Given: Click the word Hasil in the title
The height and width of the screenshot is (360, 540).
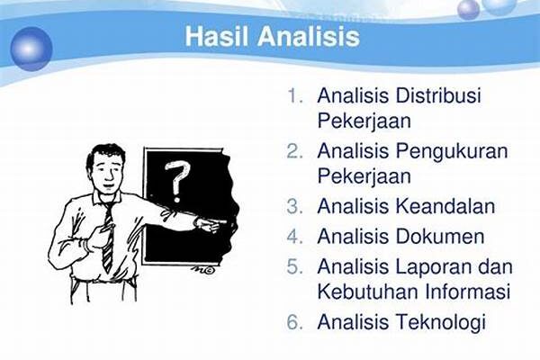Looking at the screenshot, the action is (216, 36).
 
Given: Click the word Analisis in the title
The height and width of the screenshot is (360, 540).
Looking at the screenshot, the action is (309, 36).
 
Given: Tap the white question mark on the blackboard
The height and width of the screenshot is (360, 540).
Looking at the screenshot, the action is (177, 181).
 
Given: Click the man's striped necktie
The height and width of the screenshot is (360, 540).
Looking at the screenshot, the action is (109, 238).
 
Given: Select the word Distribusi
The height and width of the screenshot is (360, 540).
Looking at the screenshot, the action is (438, 94).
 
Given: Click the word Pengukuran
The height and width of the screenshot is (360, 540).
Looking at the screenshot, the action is (452, 152).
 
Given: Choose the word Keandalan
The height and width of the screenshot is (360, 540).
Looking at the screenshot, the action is (445, 206).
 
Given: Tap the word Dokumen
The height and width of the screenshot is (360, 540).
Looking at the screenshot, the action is (440, 237).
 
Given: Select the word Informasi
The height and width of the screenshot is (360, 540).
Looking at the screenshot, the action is (468, 291).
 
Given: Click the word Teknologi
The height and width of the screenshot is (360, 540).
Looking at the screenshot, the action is (441, 323).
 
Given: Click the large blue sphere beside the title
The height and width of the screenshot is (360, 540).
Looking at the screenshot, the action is (31, 49).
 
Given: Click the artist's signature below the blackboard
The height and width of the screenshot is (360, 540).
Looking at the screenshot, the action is (203, 270).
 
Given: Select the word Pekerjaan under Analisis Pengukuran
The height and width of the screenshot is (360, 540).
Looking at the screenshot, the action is (364, 176).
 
